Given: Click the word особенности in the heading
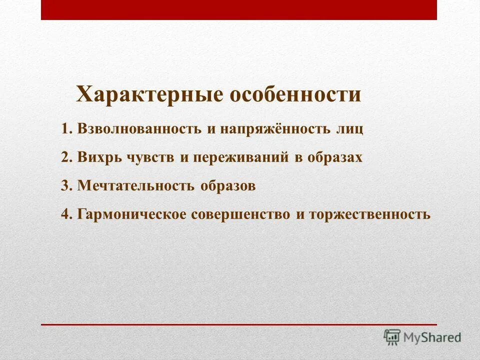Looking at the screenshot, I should (295, 94).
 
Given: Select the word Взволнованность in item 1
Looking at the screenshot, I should (139, 129).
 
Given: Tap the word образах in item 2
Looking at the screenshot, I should (335, 157).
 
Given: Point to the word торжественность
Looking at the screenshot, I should (369, 214).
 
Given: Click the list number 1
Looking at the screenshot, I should (66, 129).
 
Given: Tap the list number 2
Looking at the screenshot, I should (66, 157).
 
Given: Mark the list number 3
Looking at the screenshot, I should (66, 186).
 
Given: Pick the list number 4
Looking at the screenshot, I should (66, 214).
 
